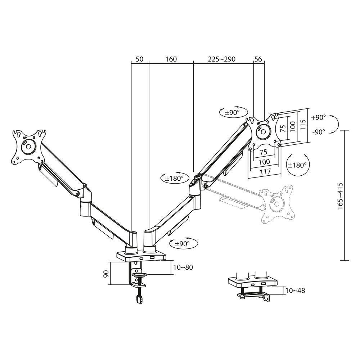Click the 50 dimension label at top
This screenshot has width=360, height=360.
pos(140,59)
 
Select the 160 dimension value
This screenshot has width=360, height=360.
pos(171,59)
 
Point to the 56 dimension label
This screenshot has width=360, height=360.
pos(259,59)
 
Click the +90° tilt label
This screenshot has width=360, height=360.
pos(319,117)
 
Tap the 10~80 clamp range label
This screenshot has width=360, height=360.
pos(183,267)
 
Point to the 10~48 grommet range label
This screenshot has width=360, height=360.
pos(295,290)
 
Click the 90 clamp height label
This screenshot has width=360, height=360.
pos(106,273)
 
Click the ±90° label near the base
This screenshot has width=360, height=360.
pos(183,244)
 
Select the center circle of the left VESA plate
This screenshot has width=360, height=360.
pos(27,147)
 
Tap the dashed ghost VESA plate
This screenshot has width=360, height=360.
pos(278,203)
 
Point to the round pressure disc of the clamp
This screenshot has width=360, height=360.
pos(139,275)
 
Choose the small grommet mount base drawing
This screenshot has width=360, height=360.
pos(252,286)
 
